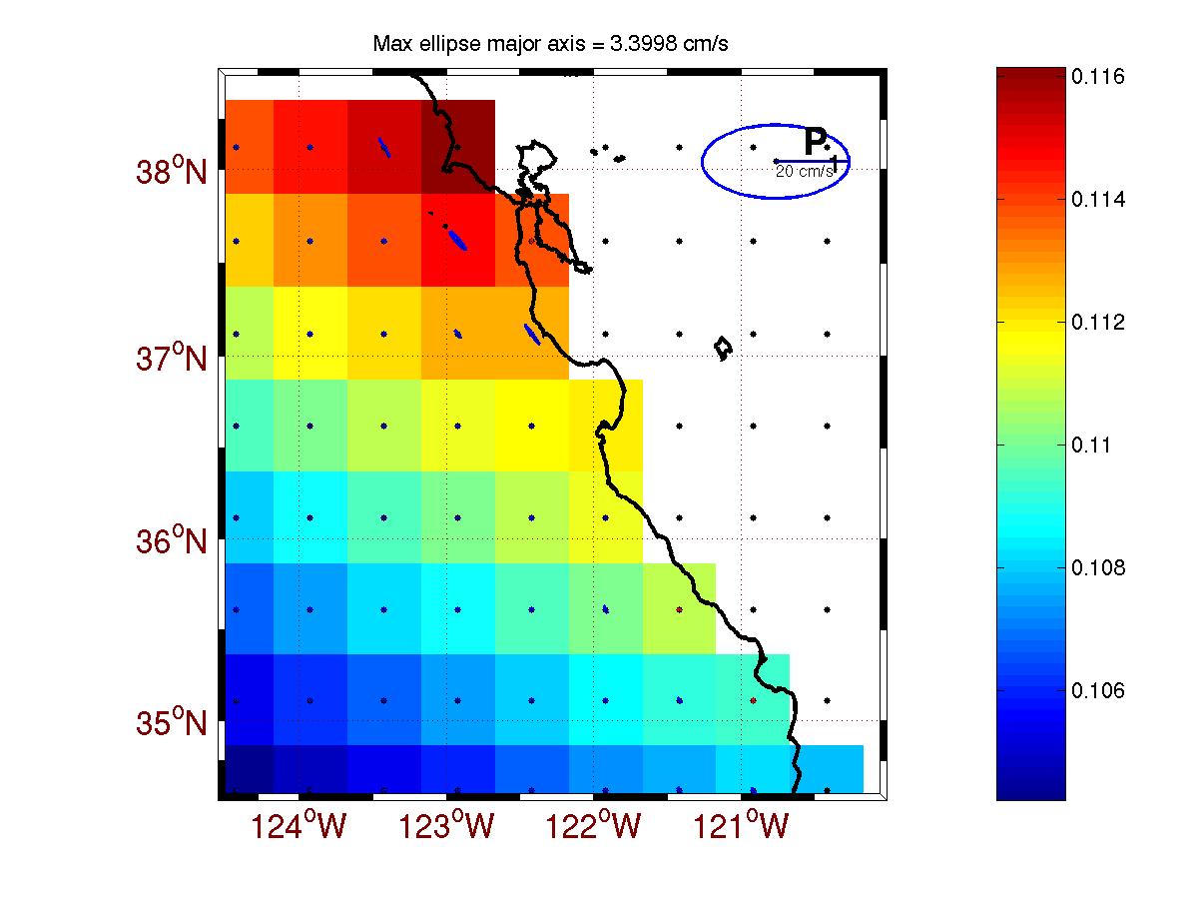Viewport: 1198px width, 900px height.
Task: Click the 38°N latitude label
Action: (172, 172)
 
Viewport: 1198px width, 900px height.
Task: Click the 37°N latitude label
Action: (172, 357)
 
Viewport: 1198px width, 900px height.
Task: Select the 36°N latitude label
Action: (172, 541)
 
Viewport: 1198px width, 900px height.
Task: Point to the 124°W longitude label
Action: (301, 827)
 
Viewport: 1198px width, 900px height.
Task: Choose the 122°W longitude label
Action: (597, 827)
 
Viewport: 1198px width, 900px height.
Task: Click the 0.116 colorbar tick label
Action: (1097, 77)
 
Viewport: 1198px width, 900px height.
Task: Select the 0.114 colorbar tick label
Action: (1097, 200)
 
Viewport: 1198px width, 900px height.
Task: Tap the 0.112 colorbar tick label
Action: (1097, 323)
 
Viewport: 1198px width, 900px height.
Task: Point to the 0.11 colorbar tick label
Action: (1091, 446)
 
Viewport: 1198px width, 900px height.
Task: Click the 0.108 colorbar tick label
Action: (1097, 568)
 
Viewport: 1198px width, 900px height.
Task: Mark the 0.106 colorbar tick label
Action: (1097, 691)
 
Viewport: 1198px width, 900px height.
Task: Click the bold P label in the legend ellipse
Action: (816, 143)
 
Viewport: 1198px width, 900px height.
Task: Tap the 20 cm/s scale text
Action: (805, 172)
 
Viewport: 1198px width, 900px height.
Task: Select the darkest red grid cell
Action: (458, 147)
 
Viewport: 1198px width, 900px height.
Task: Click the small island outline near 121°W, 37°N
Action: (725, 349)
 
